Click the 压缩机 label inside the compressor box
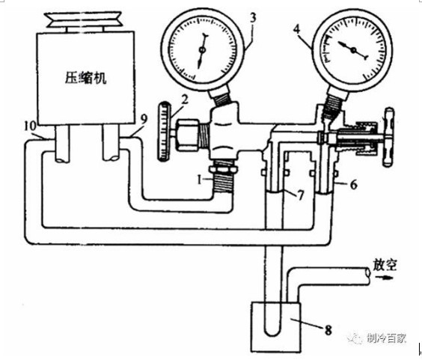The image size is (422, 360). click(x=85, y=78)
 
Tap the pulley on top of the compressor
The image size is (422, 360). click(x=85, y=19)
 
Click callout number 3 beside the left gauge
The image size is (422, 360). click(x=252, y=18)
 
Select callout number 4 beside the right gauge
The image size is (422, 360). click(x=296, y=29)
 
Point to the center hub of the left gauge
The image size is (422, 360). click(x=202, y=50)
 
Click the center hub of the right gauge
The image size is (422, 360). click(x=353, y=50)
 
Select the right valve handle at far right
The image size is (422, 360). click(x=388, y=137)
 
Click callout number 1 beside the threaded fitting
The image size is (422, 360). click(x=200, y=180)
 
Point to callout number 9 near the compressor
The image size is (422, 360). click(x=144, y=119)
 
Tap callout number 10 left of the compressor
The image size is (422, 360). click(x=30, y=126)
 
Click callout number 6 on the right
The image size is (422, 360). click(x=353, y=184)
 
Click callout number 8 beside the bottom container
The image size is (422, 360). click(x=328, y=330)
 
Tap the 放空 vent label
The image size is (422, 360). click(x=385, y=265)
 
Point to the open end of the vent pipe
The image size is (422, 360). click(x=367, y=275)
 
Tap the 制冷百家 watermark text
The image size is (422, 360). click(x=386, y=338)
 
